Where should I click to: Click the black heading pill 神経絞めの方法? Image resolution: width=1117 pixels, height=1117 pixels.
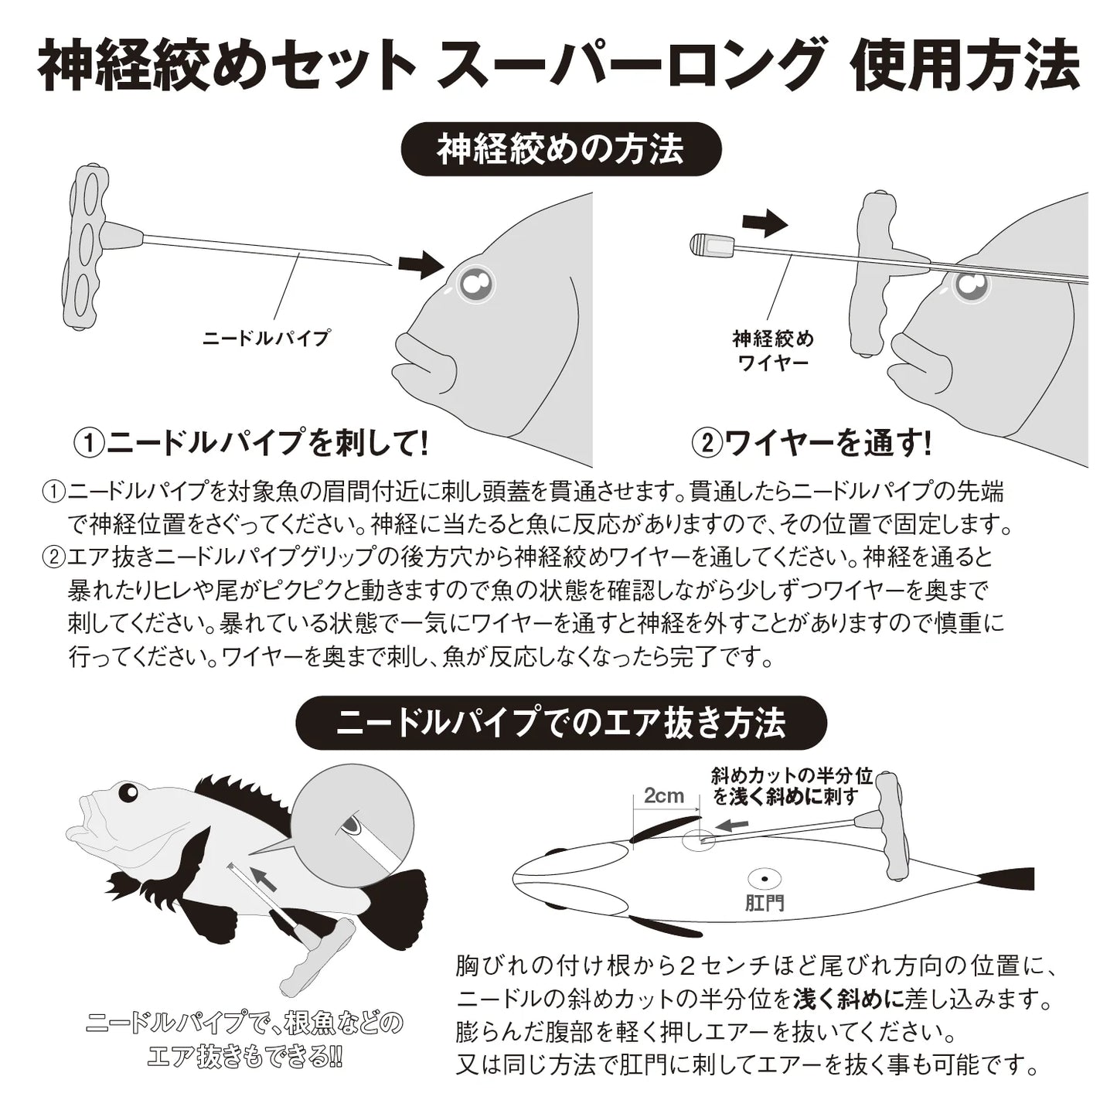tap(560, 148)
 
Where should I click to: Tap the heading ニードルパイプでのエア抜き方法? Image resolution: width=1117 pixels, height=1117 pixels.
tap(561, 723)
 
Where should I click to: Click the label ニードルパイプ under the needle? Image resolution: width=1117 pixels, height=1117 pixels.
tap(265, 338)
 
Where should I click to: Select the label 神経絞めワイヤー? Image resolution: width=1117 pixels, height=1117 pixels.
tap(772, 349)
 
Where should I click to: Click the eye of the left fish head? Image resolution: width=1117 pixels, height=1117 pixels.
tap(476, 284)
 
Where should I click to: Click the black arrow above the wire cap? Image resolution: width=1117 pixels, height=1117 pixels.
tap(764, 224)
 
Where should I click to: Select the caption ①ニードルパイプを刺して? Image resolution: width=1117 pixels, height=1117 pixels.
tap(251, 443)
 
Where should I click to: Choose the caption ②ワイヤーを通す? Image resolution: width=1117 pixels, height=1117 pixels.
tap(812, 443)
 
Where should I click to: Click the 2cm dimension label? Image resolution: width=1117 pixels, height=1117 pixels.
tap(664, 796)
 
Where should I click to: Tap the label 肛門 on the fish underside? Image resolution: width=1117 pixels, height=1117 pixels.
tap(765, 902)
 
